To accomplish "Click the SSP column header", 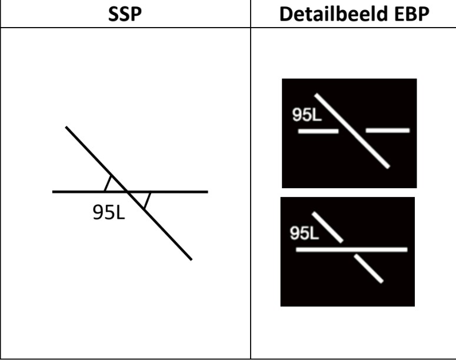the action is [x=125, y=14].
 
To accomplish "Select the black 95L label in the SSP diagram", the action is [x=109, y=212].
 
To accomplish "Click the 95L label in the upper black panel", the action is [x=307, y=115].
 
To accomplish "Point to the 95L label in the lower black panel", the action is [x=304, y=233].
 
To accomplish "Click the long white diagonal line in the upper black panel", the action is [x=352, y=131].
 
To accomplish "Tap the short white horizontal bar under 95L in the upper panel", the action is [x=318, y=131].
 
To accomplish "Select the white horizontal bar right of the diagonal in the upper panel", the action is [x=387, y=130].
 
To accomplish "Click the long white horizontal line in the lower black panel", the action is [x=352, y=249].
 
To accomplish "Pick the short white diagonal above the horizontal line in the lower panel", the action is [x=328, y=228].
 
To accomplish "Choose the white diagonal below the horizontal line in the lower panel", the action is [x=368, y=268].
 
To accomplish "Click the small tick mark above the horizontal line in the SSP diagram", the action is [x=108, y=183].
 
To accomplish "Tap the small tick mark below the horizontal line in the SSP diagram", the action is [x=147, y=201].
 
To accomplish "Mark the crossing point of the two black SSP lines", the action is [x=127, y=192].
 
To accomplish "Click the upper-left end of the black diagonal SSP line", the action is [x=66, y=127].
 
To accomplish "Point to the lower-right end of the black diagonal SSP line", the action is [x=191, y=259].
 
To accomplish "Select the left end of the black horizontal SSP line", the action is [x=52, y=192].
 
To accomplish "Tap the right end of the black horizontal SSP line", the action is [x=208, y=192].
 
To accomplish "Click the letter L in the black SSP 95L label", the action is [x=121, y=212].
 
